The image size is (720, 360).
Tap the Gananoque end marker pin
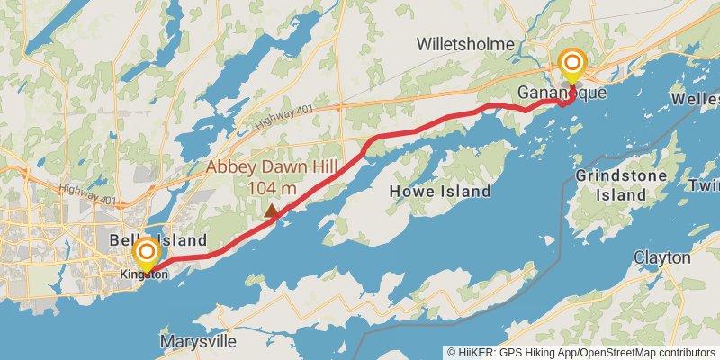point(571,65)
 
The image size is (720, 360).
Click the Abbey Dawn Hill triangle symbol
point(271,210)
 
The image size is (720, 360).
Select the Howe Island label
point(440,191)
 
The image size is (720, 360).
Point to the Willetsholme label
point(464,44)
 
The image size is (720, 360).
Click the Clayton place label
point(662,258)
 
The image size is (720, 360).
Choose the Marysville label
point(198,342)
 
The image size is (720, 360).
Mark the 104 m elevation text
point(271,188)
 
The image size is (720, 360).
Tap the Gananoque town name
point(549,93)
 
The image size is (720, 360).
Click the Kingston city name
point(144,274)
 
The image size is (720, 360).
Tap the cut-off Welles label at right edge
point(698,97)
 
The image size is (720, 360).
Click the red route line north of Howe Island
point(423,131)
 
